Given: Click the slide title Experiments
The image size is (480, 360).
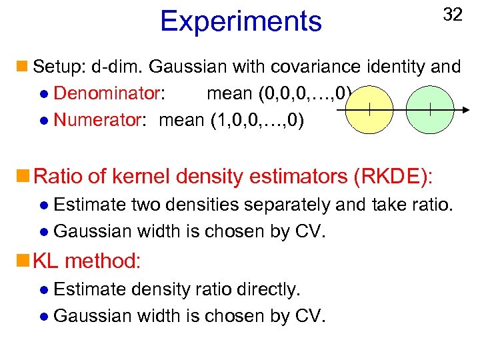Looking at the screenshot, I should coord(241,21).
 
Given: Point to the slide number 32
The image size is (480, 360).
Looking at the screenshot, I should coord(452,15).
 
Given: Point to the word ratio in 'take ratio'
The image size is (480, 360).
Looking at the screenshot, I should coord(432,205).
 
